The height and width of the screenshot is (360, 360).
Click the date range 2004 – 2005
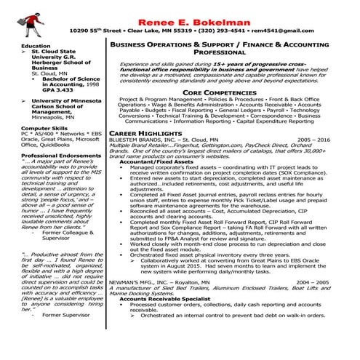(x=333, y=281)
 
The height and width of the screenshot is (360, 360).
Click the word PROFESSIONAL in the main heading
(x=230, y=53)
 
